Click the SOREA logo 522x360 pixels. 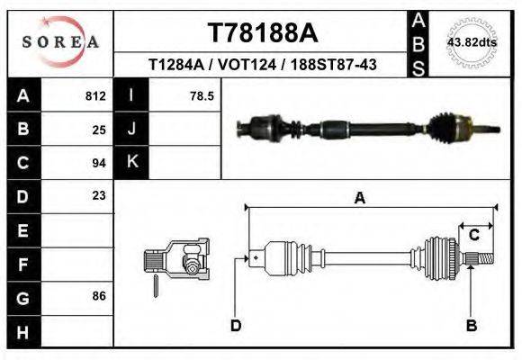(x=59, y=42)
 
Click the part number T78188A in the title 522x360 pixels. (x=263, y=33)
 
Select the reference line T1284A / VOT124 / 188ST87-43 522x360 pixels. (x=263, y=65)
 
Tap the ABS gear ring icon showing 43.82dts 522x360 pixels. (x=472, y=42)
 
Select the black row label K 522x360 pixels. (x=131, y=162)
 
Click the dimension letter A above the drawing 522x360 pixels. (x=359, y=199)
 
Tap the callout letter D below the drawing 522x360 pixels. (x=236, y=325)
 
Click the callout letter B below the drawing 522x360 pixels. (x=470, y=325)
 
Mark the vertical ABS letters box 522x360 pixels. (x=418, y=42)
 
